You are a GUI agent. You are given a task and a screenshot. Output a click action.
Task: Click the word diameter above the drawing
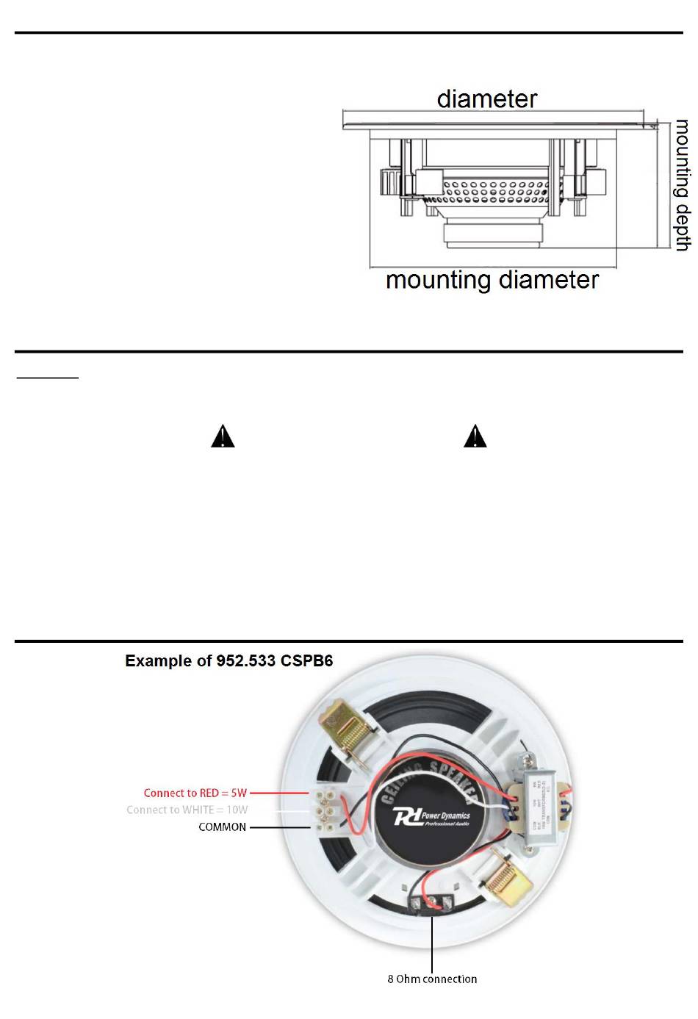point(486,99)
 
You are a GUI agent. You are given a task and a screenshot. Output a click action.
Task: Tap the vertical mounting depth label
point(683,185)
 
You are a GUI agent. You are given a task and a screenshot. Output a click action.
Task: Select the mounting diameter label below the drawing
point(492,280)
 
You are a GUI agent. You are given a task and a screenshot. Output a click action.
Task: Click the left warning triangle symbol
point(223,436)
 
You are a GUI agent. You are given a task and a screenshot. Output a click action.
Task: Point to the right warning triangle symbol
point(475,436)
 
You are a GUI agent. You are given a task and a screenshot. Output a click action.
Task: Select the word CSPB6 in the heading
point(306,660)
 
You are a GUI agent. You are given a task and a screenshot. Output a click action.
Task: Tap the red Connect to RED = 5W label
point(195,793)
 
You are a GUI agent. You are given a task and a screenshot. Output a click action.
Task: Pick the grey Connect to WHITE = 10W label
point(187,810)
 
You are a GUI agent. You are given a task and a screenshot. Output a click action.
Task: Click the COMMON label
point(222,827)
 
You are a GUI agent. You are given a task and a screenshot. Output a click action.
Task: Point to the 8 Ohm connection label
point(432,979)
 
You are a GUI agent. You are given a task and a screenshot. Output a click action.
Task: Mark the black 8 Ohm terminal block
point(431,903)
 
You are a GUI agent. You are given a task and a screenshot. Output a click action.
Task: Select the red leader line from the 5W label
point(280,793)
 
